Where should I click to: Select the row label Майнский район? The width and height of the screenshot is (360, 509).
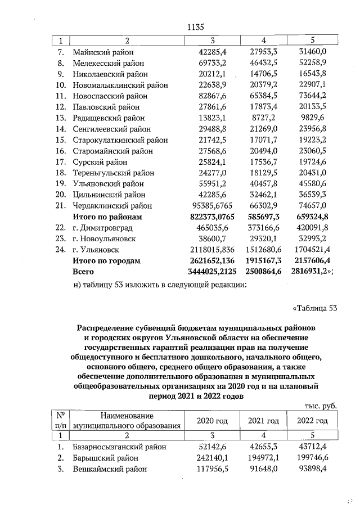pos(100,52)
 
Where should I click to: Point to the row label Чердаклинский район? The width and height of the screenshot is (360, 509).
pos(112,206)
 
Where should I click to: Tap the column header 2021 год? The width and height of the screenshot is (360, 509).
pos(264,421)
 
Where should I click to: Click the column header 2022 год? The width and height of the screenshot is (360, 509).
pos(313,421)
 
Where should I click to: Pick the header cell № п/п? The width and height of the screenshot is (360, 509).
pos(59,421)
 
